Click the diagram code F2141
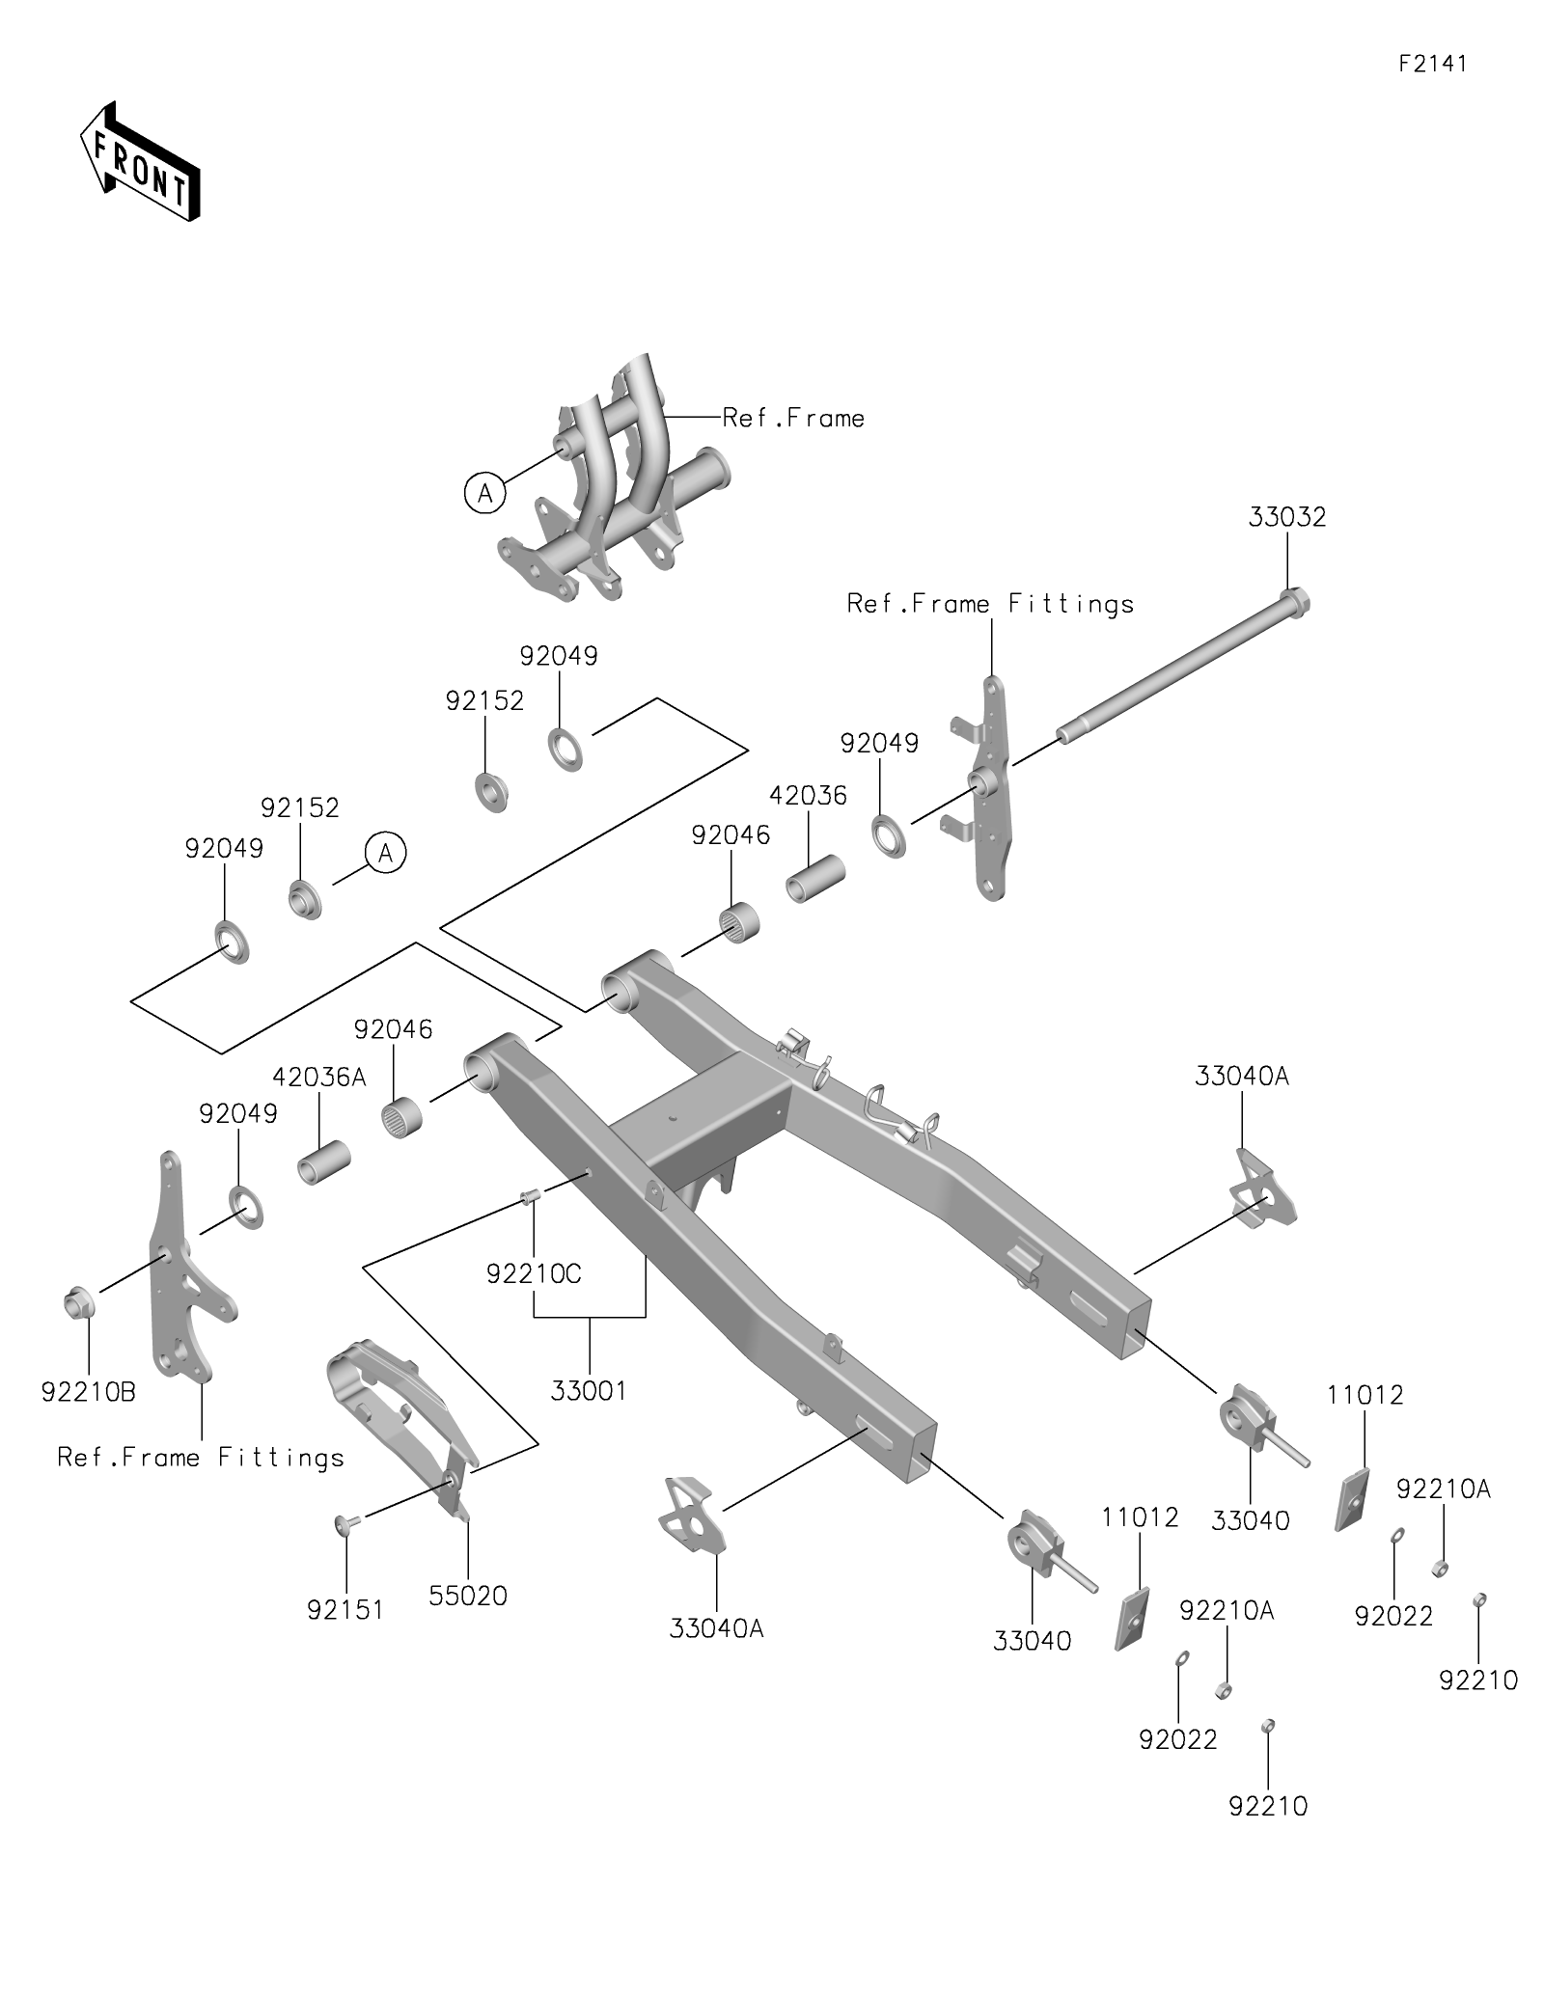tap(1433, 64)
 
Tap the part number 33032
tap(1287, 517)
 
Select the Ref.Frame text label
tap(793, 418)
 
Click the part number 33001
tap(589, 1391)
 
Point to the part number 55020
tap(468, 1596)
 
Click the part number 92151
tap(345, 1610)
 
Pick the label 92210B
tap(89, 1392)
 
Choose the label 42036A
tap(319, 1077)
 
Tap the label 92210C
tap(534, 1274)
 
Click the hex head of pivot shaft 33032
tap(1295, 603)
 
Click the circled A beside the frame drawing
tap(484, 494)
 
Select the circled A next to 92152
tap(386, 853)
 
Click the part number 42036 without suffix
tap(809, 796)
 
